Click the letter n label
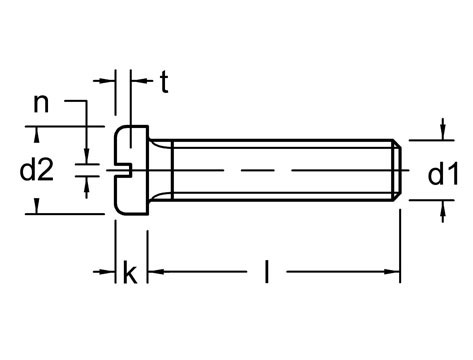(x=41, y=102)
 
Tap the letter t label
(x=162, y=84)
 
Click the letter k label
(x=129, y=272)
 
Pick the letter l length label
(x=266, y=271)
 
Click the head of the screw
(x=132, y=169)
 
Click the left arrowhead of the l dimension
(x=156, y=271)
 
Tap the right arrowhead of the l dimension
(x=394, y=271)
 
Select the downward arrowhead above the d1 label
(x=442, y=134)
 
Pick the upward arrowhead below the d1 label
(x=442, y=206)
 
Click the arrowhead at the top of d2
(x=36, y=132)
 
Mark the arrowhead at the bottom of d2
(x=36, y=206)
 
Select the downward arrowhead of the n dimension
(x=86, y=154)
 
